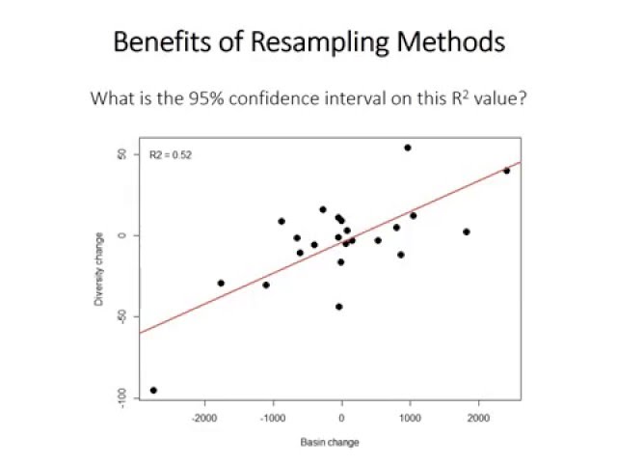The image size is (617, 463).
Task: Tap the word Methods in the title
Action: click(x=458, y=42)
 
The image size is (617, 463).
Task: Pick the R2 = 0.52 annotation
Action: click(x=170, y=154)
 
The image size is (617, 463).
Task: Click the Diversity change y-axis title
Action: click(x=98, y=270)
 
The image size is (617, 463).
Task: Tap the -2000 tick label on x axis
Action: click(x=204, y=418)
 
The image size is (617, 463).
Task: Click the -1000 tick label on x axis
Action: click(x=273, y=418)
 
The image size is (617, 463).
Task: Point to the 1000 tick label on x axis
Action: click(x=410, y=418)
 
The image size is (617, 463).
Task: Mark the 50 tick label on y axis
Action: click(x=122, y=154)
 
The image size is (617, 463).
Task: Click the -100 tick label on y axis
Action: click(x=122, y=396)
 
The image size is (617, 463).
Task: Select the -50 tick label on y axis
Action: click(x=122, y=316)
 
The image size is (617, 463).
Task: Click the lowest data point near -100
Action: click(x=153, y=391)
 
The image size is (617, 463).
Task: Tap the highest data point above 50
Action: click(x=407, y=148)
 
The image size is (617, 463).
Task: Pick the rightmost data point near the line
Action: click(x=506, y=171)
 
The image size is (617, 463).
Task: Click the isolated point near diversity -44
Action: click(x=339, y=307)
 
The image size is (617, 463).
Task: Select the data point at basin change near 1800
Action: click(x=466, y=231)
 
